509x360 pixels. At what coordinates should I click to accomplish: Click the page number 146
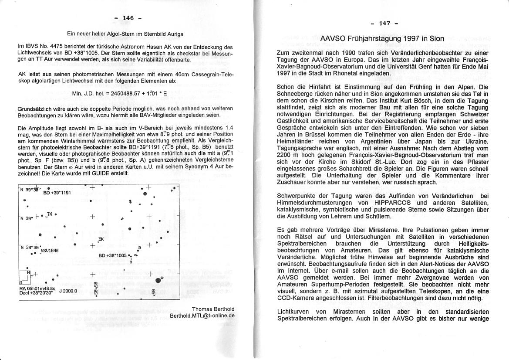click(x=128, y=18)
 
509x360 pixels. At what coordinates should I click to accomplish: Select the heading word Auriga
click(x=173, y=34)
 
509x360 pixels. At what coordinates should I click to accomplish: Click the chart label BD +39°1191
click(x=57, y=192)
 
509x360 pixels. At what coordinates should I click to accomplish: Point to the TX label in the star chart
click(x=50, y=214)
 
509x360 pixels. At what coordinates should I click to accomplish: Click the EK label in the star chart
click(x=101, y=239)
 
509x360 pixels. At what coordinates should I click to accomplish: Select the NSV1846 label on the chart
click(x=49, y=251)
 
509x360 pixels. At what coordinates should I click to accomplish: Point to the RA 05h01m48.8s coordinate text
click(x=37, y=288)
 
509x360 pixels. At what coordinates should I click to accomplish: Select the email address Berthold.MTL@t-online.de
click(x=202, y=315)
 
